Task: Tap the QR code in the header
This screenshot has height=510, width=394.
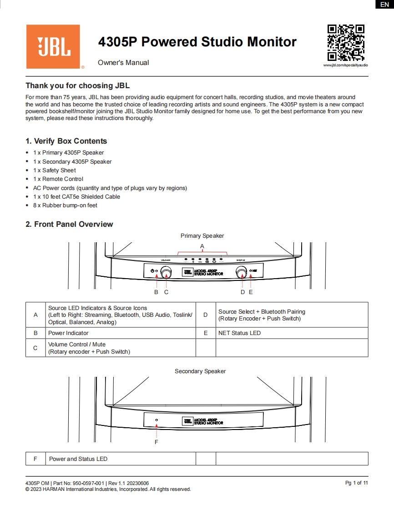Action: coord(346,43)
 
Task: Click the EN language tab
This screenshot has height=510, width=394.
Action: coord(384,5)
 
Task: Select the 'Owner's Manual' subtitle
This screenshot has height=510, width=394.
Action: coord(123,63)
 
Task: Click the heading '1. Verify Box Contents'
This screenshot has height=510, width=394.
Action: coord(66,141)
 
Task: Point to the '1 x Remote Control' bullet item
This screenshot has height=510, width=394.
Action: coord(58,179)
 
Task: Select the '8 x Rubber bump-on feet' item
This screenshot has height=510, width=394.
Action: coord(65,205)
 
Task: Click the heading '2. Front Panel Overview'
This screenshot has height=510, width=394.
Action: coord(69,224)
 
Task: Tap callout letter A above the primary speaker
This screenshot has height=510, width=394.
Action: coord(202,246)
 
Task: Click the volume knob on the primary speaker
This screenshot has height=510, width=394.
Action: coord(166,272)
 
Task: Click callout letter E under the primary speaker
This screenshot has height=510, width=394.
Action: coord(251,292)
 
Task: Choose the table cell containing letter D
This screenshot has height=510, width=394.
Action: coord(206,315)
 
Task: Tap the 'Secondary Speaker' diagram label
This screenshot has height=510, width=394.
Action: coord(200,371)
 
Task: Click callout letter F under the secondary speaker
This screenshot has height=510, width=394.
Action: coord(157,441)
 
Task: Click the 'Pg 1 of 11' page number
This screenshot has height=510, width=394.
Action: coord(356,483)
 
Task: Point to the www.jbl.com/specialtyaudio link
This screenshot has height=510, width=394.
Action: coord(345,65)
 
